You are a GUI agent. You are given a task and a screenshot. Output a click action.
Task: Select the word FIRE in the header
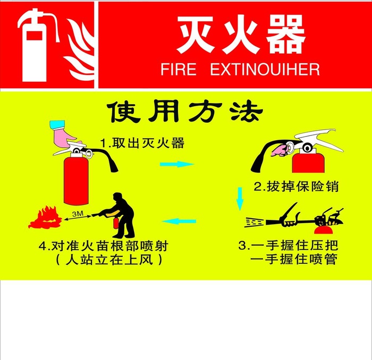[x=178, y=70]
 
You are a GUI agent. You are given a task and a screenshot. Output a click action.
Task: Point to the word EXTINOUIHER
[x=265, y=70]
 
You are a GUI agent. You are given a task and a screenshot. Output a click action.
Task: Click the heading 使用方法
[x=185, y=112]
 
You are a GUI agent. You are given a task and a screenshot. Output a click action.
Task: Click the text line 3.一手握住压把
[x=289, y=246]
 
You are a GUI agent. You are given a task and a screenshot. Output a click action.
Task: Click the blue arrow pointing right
[x=176, y=164]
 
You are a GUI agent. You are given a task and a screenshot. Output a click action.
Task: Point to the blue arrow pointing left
[x=179, y=221]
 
